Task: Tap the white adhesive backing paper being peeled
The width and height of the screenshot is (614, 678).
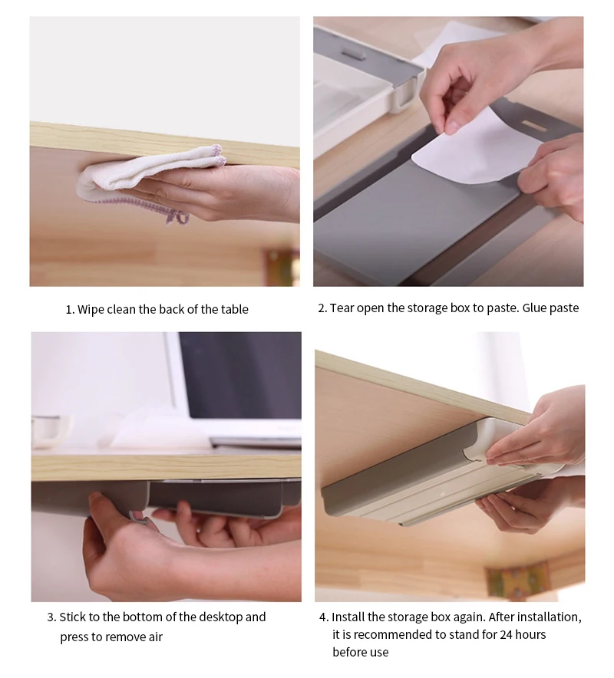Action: coord(468,153)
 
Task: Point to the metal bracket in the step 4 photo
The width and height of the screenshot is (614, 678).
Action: coord(519,580)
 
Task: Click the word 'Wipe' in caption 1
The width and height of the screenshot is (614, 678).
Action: coord(91,310)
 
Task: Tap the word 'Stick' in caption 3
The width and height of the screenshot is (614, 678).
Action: coord(73,617)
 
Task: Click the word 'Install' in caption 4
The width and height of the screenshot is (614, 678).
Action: coord(348,617)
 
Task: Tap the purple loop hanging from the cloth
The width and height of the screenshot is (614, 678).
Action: coord(178,217)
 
